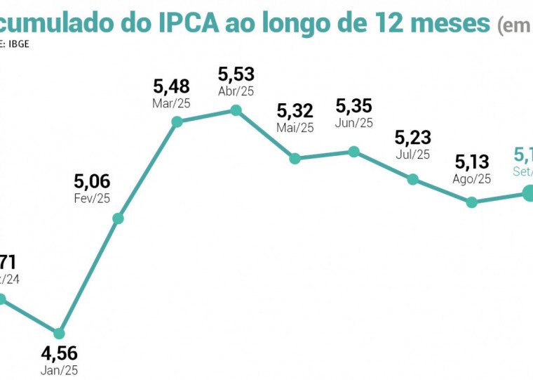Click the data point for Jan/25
tap(60, 332)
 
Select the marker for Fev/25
tap(119, 218)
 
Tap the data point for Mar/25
tap(177, 122)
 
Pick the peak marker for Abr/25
tap(236, 110)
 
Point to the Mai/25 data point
tap(295, 159)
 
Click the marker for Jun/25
tap(354, 152)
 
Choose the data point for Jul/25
tap(413, 179)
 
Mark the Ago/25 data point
tap(472, 202)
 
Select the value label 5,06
tap(92, 182)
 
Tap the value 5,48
tap(171, 87)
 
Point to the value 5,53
tap(236, 74)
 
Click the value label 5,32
tap(295, 111)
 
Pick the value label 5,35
tap(354, 106)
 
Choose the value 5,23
tap(413, 137)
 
